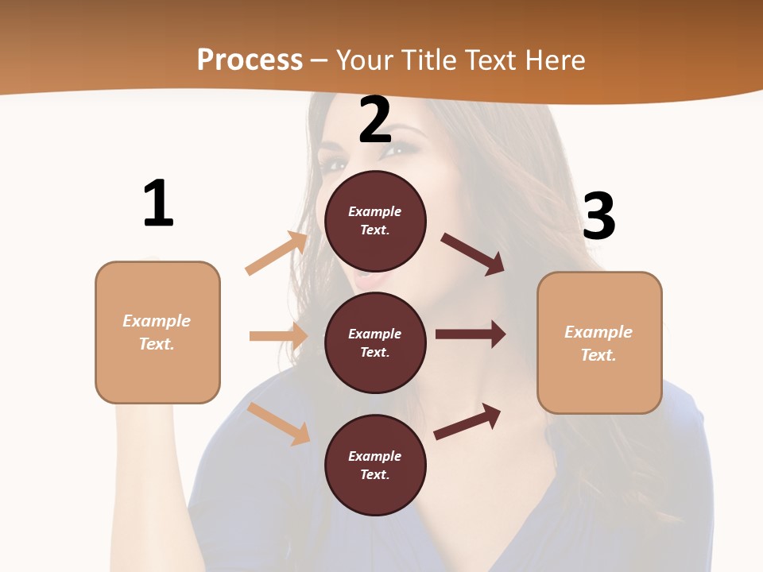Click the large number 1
point(158,204)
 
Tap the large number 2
point(375,120)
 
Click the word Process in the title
point(250,60)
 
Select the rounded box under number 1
point(157,332)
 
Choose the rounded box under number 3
point(599,342)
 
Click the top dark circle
point(375,221)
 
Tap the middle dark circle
point(375,342)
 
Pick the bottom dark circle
point(375,465)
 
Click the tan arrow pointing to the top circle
point(277,253)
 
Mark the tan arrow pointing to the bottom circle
point(279,423)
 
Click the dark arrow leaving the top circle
point(473,254)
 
